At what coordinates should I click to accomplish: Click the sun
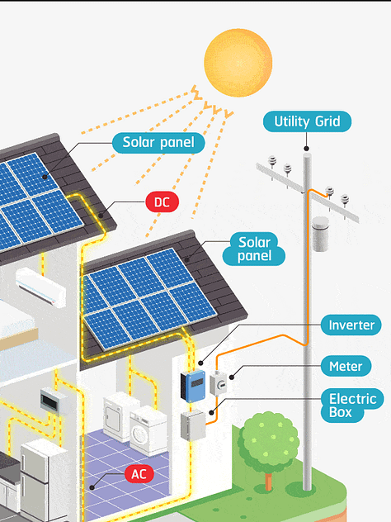pos(238,63)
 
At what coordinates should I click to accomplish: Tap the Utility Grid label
pos(307,121)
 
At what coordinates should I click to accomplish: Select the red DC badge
pos(163,202)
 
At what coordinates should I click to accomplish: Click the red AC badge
pos(139,474)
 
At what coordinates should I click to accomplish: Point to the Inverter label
pos(351,325)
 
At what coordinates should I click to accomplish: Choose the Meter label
pos(346,366)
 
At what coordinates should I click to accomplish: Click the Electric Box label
pos(351,406)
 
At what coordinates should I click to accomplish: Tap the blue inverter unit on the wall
pos(193,386)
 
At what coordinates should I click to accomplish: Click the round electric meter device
pos(219,383)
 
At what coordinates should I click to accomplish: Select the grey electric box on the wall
pos(193,425)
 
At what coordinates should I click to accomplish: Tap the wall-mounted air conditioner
pos(40,287)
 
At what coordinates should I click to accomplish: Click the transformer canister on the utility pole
pos(321,234)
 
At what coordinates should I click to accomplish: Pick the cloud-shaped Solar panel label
pos(254,249)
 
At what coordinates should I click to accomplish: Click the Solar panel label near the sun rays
pos(158,143)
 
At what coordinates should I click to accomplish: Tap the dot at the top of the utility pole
pos(307,149)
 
